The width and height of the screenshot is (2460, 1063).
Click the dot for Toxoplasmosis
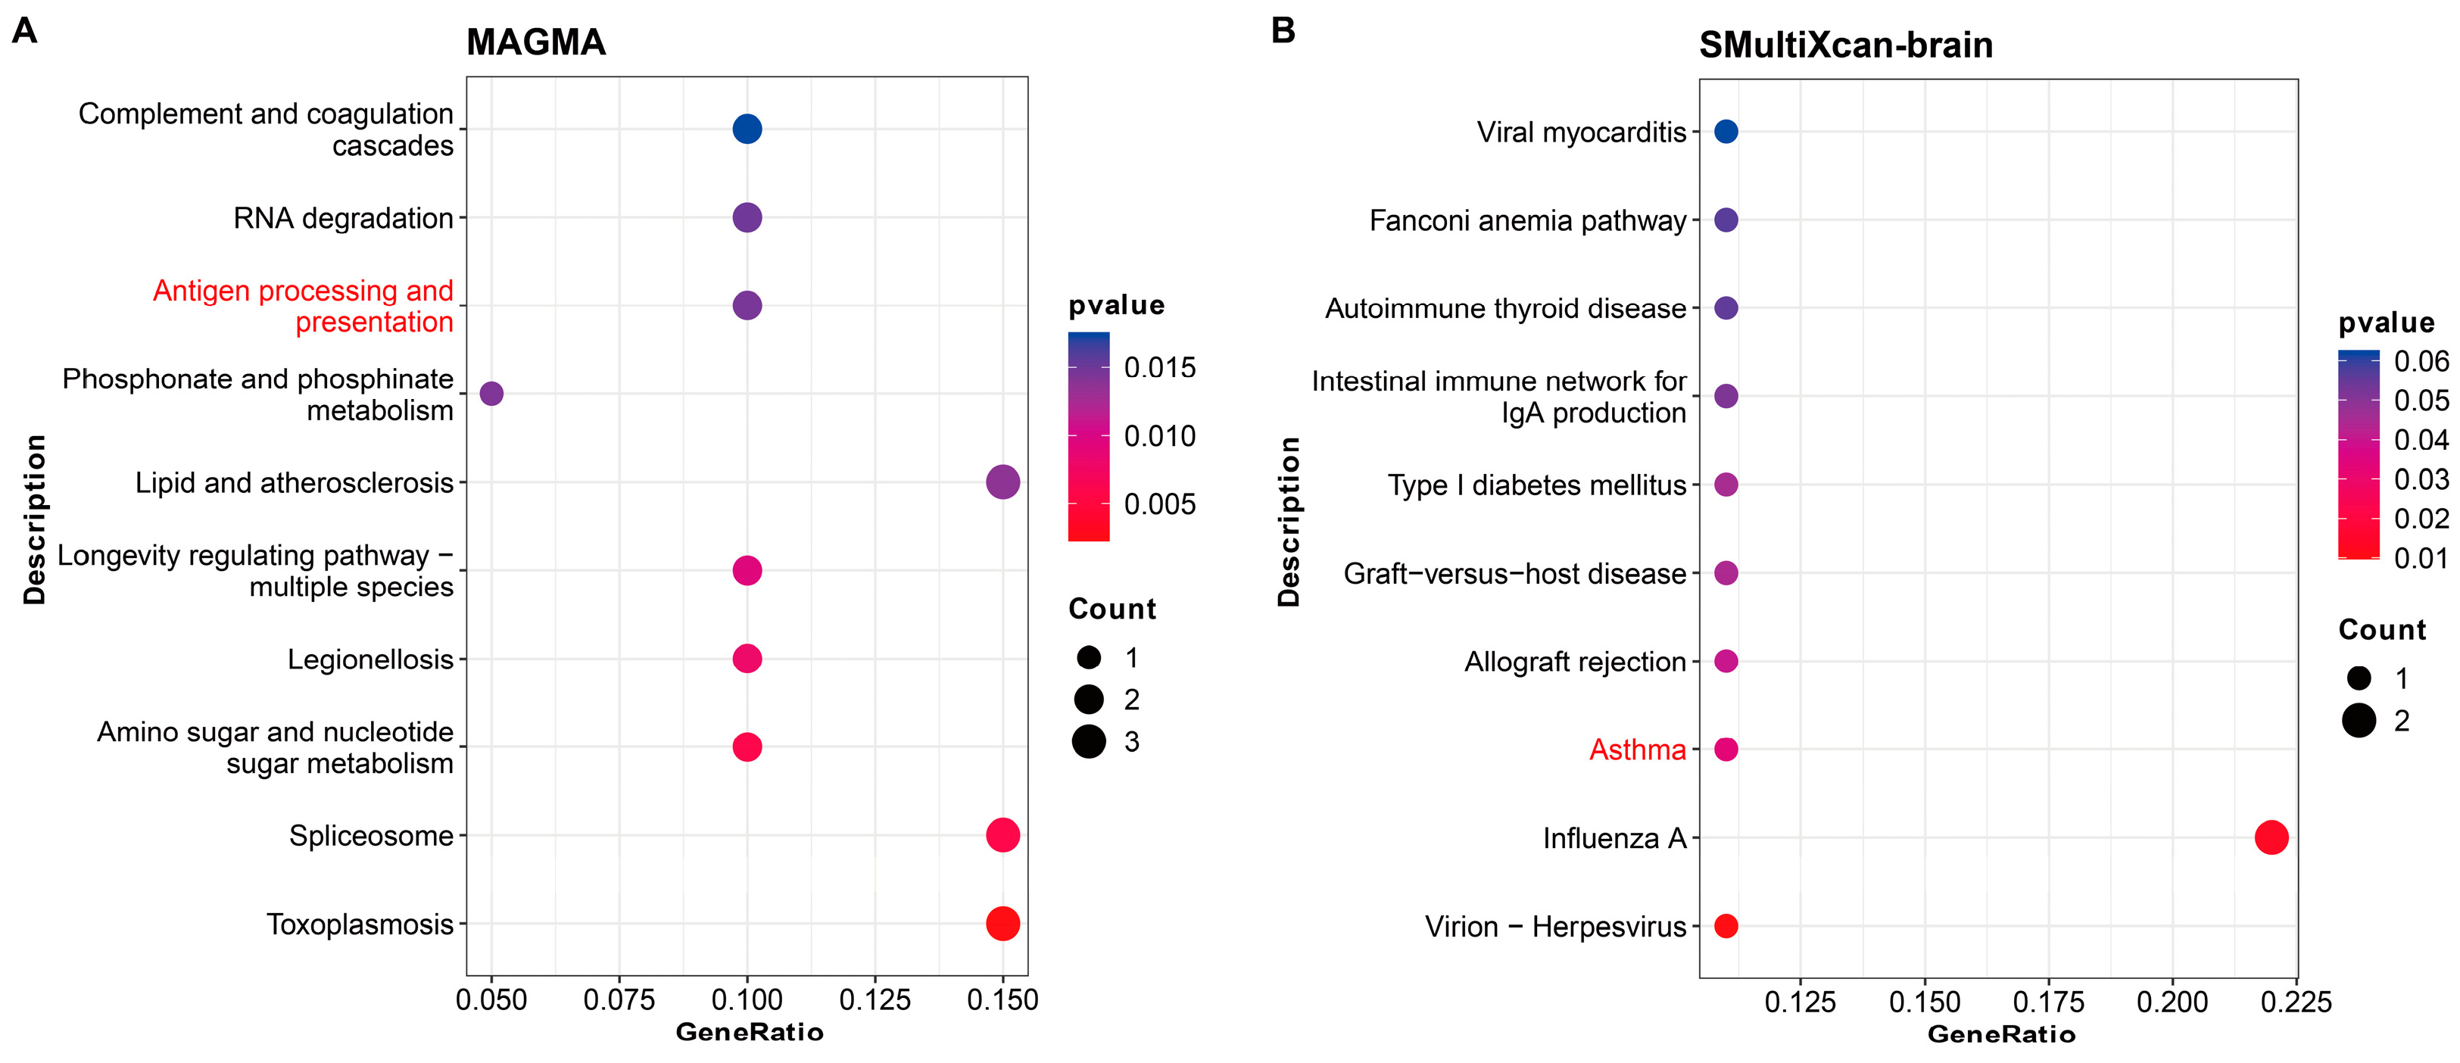1002,924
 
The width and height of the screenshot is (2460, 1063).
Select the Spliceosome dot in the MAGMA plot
1002,835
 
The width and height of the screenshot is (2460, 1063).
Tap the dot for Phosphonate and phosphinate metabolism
491,394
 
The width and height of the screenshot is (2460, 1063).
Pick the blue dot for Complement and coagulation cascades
747,129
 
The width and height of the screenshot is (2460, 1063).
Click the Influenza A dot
2271,837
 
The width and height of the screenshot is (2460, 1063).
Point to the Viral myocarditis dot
1726,132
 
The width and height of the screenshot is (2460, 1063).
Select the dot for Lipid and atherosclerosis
1002,482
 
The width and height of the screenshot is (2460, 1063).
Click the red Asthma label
1637,750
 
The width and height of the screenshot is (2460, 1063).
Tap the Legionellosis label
370,659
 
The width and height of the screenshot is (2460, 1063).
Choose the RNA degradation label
343,218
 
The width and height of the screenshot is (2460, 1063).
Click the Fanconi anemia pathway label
1527,220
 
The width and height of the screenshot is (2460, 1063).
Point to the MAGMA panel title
536,42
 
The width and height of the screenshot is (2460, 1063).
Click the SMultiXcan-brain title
1845,45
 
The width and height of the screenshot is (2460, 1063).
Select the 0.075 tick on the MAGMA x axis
619,1000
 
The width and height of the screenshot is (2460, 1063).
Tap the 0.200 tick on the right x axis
2172,1002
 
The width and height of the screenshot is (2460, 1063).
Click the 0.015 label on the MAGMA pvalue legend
1159,368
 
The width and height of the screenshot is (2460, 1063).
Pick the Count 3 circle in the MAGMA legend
1089,741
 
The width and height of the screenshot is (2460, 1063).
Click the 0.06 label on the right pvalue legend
2421,361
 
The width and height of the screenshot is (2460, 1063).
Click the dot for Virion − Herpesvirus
1726,925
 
